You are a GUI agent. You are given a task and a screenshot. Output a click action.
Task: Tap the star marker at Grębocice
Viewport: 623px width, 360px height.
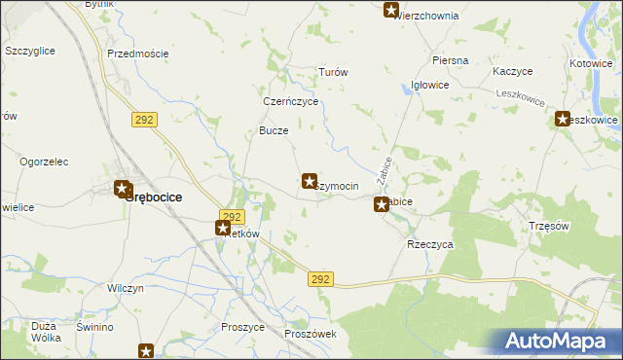[123, 189]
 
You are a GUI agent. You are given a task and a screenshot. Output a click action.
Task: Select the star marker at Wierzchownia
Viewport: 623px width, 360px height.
[391, 11]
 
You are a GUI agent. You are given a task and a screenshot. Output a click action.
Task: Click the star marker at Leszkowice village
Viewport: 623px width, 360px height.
[564, 120]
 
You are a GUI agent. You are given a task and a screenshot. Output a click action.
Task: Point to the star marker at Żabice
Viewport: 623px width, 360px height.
[382, 204]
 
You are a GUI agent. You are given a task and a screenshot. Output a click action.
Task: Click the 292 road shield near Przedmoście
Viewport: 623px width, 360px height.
[143, 118]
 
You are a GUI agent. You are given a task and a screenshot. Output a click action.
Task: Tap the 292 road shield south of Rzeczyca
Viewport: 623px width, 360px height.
[323, 279]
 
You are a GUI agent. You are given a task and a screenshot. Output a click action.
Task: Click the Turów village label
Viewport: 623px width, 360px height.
[334, 73]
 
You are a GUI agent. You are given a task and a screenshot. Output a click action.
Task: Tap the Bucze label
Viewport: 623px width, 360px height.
[274, 130]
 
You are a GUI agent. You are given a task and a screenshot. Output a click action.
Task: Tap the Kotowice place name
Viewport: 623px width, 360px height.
[592, 63]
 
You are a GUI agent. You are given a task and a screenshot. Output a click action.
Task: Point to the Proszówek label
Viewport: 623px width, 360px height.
[311, 334]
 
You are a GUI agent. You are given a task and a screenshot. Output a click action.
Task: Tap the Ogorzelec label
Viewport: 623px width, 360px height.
[42, 160]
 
